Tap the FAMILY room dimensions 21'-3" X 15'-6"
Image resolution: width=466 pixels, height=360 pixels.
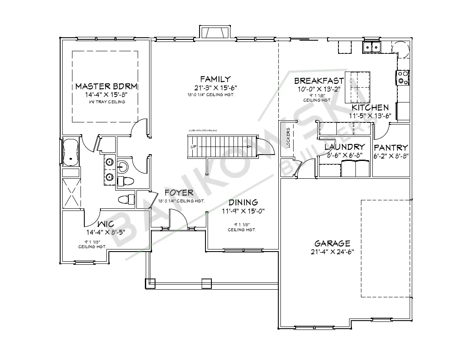213,88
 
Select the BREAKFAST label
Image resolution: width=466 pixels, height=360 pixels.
319,81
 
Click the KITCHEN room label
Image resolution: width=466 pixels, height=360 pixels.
368,108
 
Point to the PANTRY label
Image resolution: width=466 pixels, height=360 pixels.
391,148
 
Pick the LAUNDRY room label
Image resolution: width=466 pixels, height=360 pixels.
344,147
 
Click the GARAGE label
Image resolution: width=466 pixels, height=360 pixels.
332,244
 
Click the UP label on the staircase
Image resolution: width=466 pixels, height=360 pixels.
194,147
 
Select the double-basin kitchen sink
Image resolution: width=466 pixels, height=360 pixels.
372,47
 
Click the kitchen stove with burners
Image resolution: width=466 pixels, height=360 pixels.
403,77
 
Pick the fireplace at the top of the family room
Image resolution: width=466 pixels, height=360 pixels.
215,32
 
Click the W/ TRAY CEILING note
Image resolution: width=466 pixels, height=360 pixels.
107,102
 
